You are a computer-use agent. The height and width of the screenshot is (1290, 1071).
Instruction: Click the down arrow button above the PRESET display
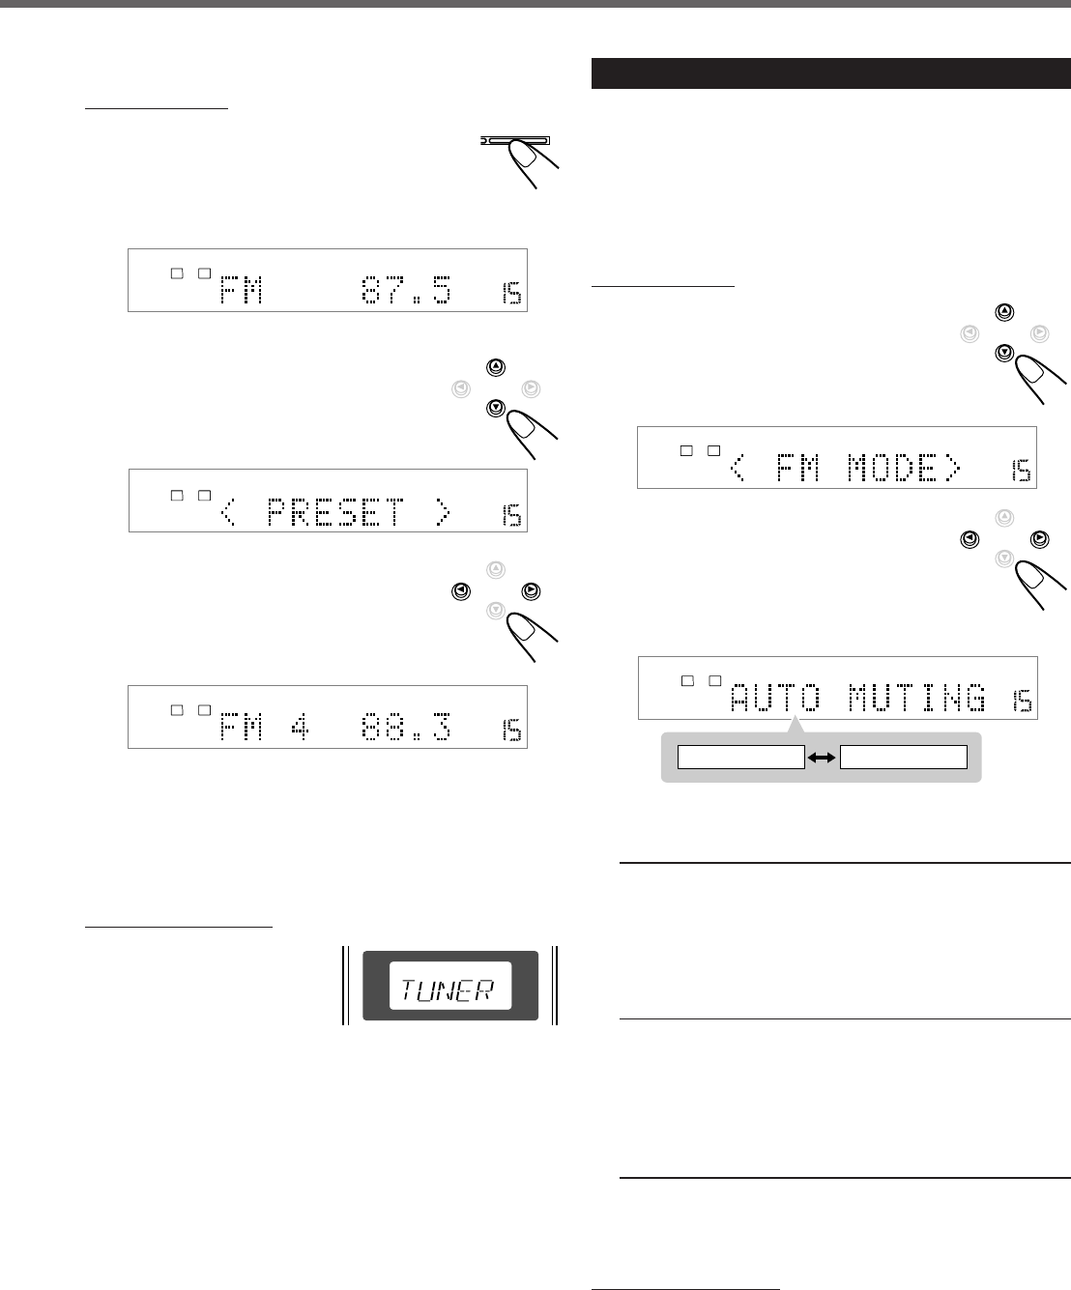click(496, 408)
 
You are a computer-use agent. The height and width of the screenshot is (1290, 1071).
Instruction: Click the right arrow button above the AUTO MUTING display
click(1039, 537)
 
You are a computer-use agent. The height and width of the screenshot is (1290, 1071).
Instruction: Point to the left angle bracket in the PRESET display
click(229, 514)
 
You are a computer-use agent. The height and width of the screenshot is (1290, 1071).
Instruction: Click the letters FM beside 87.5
click(236, 289)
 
